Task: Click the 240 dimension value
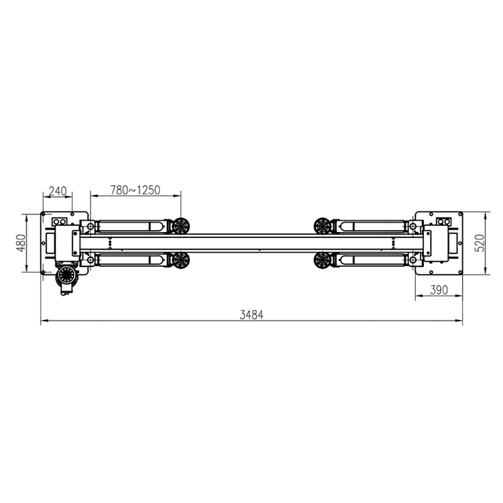58,191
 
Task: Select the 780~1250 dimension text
135,190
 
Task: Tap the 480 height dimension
21,243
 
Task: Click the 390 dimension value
438,290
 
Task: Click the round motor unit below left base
66,276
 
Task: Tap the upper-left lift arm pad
180,227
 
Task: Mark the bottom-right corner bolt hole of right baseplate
459,271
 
